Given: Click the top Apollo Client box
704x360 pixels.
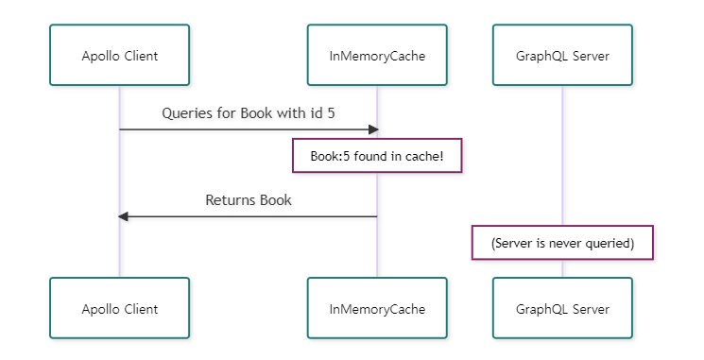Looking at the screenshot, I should point(119,56).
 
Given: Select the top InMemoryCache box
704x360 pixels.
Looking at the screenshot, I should point(377,56).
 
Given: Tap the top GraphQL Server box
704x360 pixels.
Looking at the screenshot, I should point(562,56).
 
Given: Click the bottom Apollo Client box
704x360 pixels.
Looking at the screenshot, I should point(119,308).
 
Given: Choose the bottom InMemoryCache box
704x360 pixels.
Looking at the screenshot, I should point(377,308).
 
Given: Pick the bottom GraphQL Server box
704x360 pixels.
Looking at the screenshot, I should point(562,308).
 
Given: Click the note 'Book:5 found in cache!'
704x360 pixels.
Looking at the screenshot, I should point(377,156).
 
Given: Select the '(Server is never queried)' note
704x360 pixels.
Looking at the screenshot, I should point(562,243).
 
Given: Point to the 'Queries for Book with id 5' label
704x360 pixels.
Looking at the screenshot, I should point(248,112).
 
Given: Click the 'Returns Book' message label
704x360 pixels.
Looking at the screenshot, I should point(248,200).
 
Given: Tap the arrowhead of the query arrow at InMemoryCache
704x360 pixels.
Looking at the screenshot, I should point(373,129).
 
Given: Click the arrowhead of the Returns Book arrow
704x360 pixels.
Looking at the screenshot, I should point(124,216).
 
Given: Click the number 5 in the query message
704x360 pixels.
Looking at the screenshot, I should point(331,112).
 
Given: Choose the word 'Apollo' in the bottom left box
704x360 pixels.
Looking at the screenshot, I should point(100,308).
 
